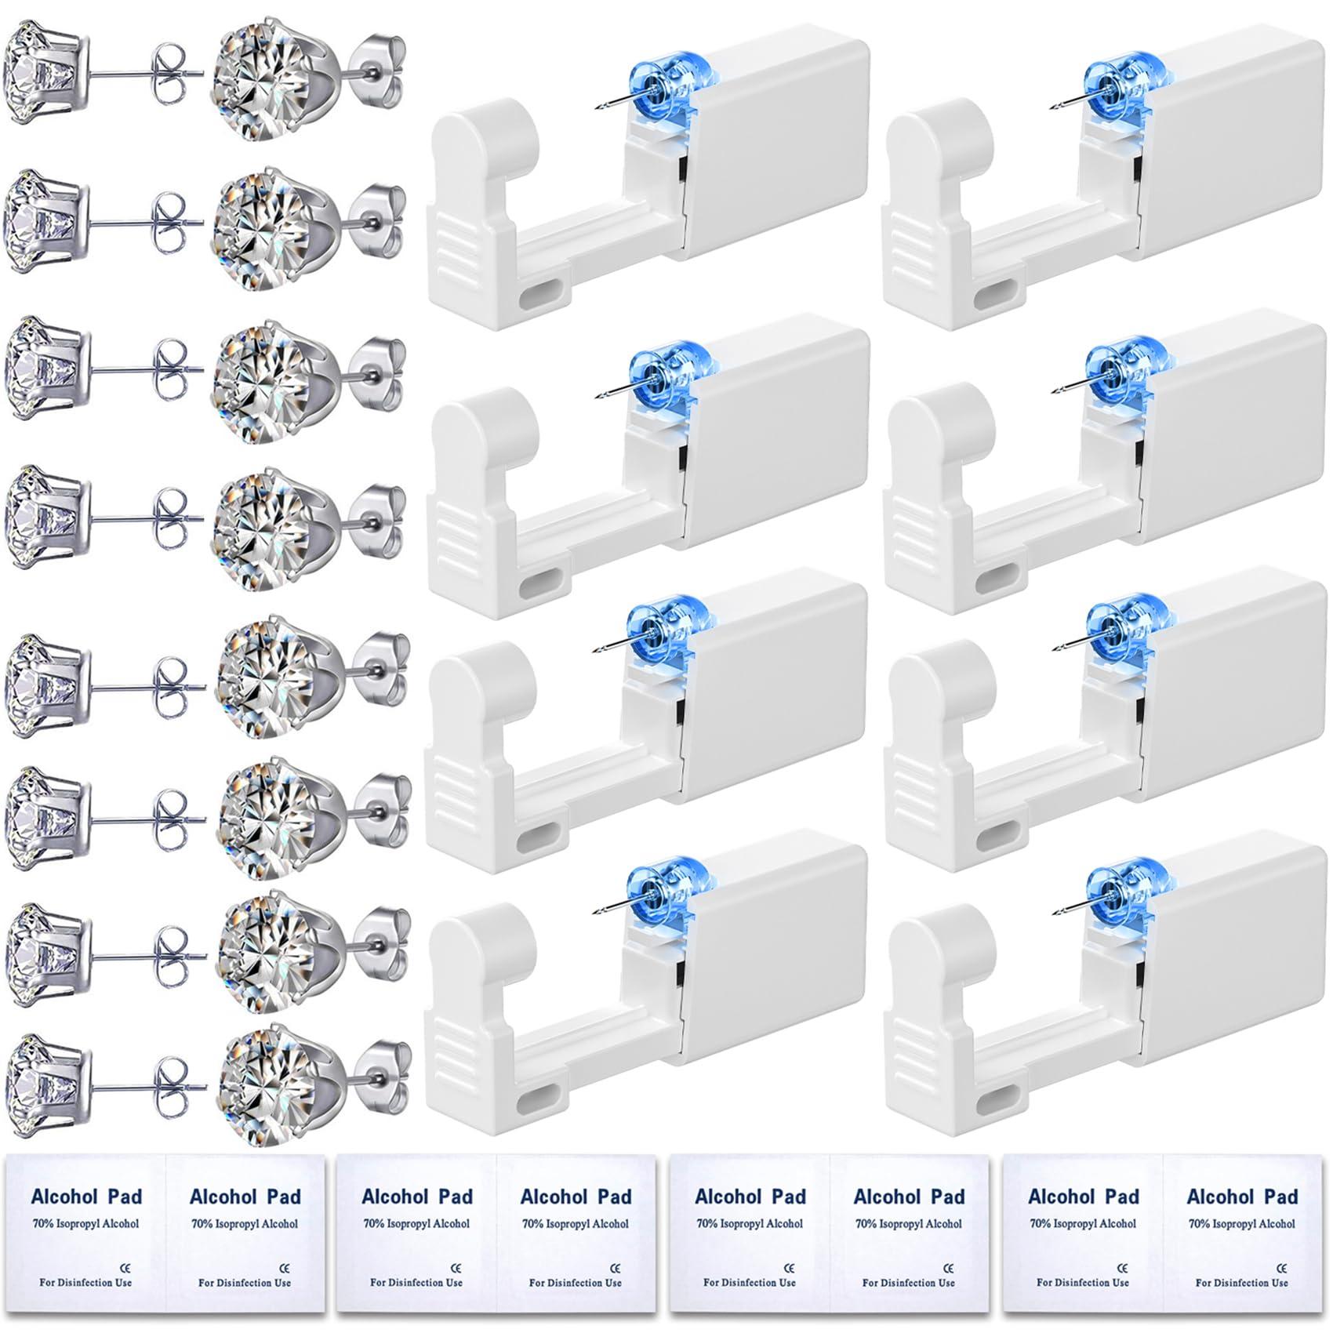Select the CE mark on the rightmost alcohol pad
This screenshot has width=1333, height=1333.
click(x=1283, y=1268)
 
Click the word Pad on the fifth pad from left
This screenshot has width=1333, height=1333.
click(x=786, y=1197)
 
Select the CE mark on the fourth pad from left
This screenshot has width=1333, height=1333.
click(x=615, y=1268)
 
